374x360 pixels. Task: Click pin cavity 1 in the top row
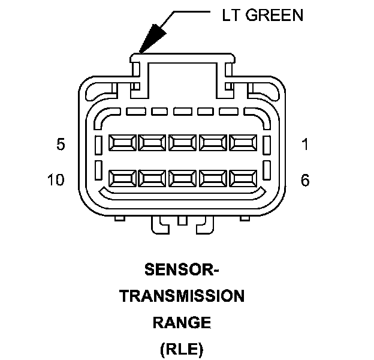(x=243, y=143)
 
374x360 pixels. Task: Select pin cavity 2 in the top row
(x=213, y=143)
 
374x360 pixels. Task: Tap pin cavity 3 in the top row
(x=182, y=143)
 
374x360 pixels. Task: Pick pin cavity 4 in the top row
(x=152, y=143)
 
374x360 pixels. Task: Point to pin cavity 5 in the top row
(x=122, y=143)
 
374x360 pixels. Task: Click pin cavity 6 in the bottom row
(x=243, y=178)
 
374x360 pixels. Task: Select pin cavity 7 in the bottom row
(x=213, y=178)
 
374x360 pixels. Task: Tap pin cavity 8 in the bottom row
(x=182, y=178)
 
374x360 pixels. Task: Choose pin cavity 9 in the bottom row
(x=152, y=178)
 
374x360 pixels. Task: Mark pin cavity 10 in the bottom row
(x=122, y=178)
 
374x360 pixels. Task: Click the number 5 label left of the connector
(x=61, y=145)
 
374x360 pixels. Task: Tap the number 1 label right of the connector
(x=305, y=145)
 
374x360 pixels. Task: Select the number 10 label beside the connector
(x=57, y=179)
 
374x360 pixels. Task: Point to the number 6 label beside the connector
(x=305, y=179)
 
